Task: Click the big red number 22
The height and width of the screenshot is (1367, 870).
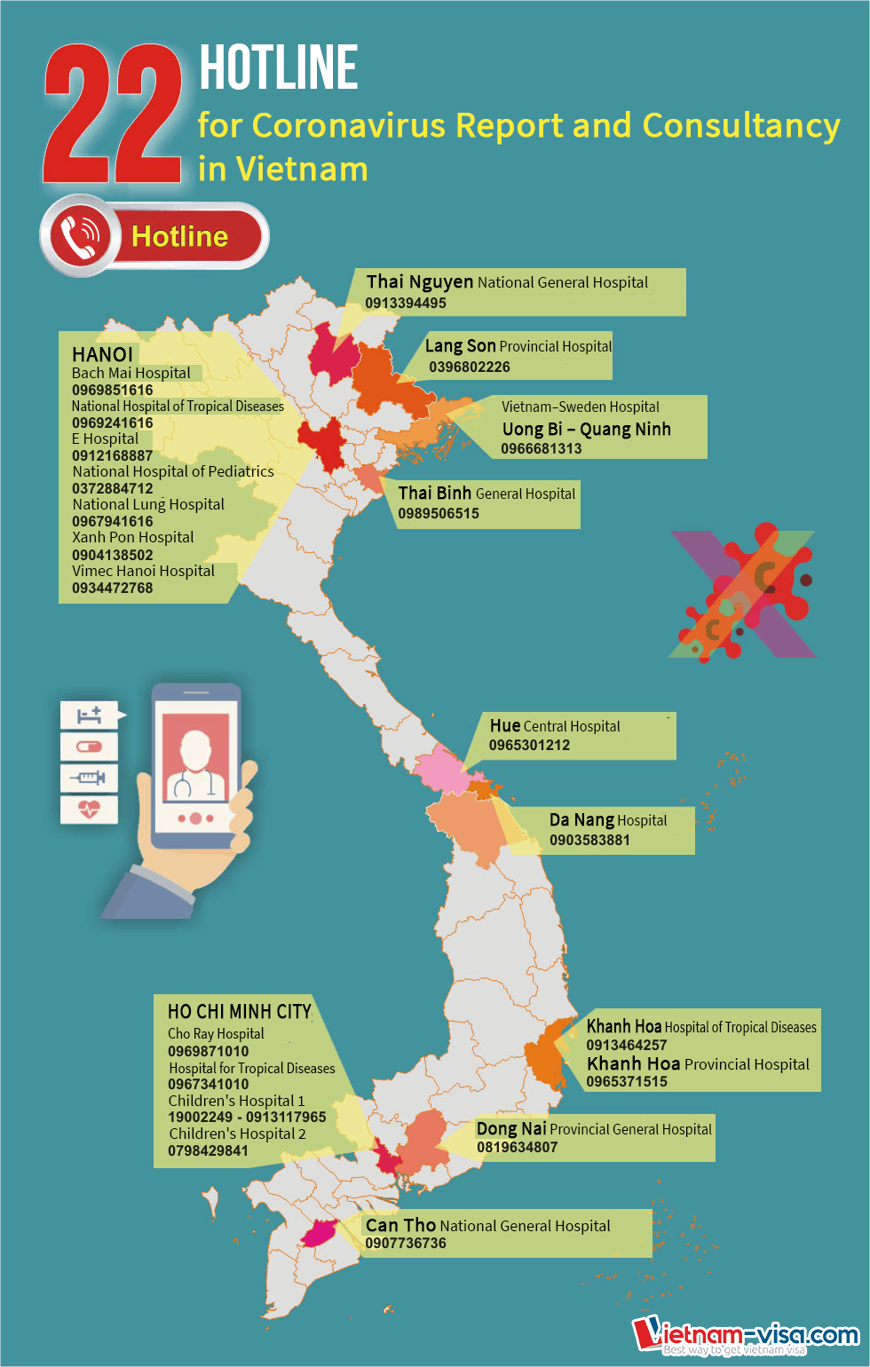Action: [113, 115]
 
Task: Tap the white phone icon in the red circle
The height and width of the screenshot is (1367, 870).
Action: [80, 235]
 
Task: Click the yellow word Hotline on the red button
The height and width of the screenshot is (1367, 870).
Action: [179, 236]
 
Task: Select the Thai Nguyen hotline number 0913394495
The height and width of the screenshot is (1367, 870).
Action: [406, 303]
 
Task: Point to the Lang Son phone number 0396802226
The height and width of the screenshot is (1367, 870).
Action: [470, 367]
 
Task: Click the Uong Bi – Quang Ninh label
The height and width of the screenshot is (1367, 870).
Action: [586, 429]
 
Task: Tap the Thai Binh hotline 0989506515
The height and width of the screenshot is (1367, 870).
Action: [439, 513]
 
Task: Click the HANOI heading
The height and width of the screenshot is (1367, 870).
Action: [102, 354]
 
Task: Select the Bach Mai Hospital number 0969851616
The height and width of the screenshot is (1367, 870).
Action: [113, 390]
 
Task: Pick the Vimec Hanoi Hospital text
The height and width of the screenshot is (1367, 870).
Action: [143, 571]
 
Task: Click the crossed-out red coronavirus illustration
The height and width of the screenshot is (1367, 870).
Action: [743, 593]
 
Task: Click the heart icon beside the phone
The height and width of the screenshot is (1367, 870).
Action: [89, 809]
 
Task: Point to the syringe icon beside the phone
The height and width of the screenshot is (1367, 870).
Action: [89, 778]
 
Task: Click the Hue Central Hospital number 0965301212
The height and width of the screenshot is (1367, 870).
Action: [529, 745]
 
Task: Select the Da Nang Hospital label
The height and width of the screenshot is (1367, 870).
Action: [608, 820]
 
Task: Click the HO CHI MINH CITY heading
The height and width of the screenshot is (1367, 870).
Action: [239, 1012]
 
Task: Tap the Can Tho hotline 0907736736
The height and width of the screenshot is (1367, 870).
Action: [406, 1243]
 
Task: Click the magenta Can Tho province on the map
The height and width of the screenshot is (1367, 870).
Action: [318, 1233]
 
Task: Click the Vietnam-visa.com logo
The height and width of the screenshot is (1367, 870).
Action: [746, 1335]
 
